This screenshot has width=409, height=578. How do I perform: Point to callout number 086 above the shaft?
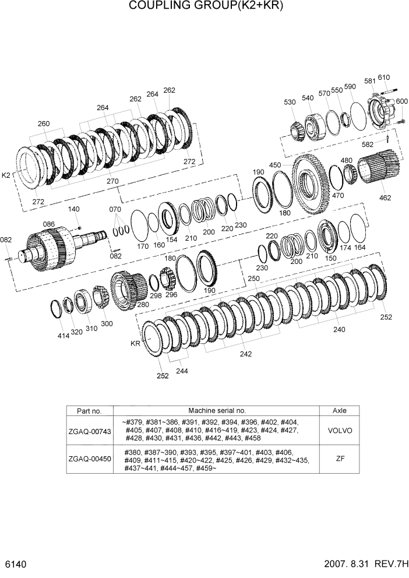tap(48, 224)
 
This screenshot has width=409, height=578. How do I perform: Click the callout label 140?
tap(74, 209)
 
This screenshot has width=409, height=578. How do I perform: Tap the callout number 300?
tap(107, 323)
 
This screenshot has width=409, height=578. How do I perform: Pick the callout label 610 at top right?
tap(383, 77)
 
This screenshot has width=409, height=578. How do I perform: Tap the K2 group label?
tap(7, 175)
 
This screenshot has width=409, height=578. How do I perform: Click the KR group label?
tap(136, 344)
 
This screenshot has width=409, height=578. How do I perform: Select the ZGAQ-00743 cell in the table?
tap(90, 431)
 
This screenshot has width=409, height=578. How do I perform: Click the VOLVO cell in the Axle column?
tap(340, 431)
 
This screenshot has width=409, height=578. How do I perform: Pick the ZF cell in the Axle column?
tap(340, 460)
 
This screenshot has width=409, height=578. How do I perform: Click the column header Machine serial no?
tap(217, 410)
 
